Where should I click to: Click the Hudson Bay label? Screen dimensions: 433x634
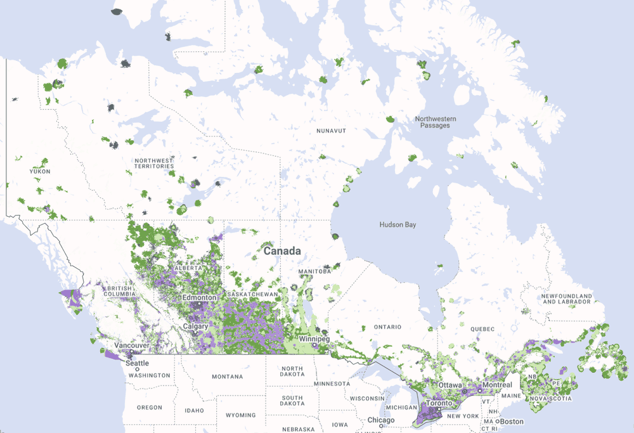tap(398, 224)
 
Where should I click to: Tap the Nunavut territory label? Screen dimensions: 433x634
tap(331, 131)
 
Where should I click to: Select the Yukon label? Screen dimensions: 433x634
tap(39, 171)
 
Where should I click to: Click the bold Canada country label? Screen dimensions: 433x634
tap(282, 251)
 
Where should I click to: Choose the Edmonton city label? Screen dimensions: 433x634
tap(199, 297)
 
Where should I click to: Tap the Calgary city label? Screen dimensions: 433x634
tap(195, 326)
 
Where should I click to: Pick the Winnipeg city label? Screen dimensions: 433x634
tap(314, 340)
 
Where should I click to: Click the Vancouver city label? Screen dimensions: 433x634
tap(131, 346)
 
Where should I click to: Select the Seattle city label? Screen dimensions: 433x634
tap(137, 363)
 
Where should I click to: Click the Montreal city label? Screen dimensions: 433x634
tap(496, 385)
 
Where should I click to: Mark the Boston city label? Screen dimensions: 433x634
tap(512, 422)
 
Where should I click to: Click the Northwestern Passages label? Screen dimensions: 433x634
tap(436, 122)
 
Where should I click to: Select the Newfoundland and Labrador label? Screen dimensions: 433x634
tap(566, 299)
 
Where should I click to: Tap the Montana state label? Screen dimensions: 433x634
tap(228, 377)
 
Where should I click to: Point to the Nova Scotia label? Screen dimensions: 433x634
tap(551, 398)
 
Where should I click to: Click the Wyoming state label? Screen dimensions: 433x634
tap(240, 415)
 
